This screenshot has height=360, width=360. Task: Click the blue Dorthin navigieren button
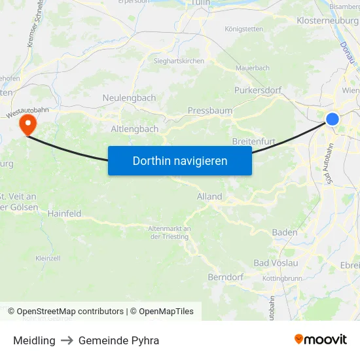180,160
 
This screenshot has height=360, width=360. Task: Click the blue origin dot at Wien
333,118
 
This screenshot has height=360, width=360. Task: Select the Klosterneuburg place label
327,21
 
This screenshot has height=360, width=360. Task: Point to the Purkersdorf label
257,90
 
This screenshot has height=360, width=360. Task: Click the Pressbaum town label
210,111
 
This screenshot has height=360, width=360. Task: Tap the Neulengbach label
129,98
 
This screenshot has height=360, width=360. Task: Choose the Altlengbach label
135,129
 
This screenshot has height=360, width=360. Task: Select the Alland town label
209,196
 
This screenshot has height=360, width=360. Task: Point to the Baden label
285,232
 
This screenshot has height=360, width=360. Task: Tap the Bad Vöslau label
276,263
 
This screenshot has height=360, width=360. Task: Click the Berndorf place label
225,277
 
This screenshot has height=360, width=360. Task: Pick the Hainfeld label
64,213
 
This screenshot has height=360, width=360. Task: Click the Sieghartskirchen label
179,61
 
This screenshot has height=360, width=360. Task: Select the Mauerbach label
252,67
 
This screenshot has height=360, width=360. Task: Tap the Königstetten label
243,29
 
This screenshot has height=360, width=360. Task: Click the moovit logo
320,340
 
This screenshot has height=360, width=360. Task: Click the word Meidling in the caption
34,340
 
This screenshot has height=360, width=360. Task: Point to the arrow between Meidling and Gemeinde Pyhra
67,340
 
